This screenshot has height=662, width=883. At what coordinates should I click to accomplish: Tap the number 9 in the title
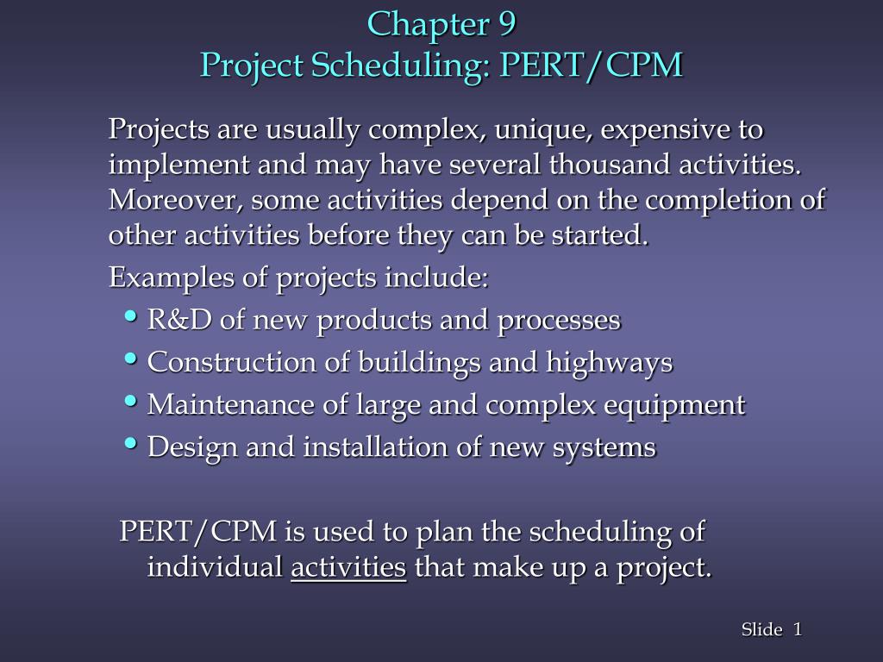tap(506, 24)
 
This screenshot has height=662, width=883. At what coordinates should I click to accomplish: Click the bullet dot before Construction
tap(131, 357)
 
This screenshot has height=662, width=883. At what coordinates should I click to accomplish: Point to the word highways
tap(609, 363)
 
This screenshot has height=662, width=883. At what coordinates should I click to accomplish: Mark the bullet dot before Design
tap(131, 442)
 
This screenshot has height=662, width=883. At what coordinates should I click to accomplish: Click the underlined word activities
tap(348, 567)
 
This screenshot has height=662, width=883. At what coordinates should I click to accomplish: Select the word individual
tap(215, 567)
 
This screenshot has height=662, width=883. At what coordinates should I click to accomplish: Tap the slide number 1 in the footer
tap(798, 630)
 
